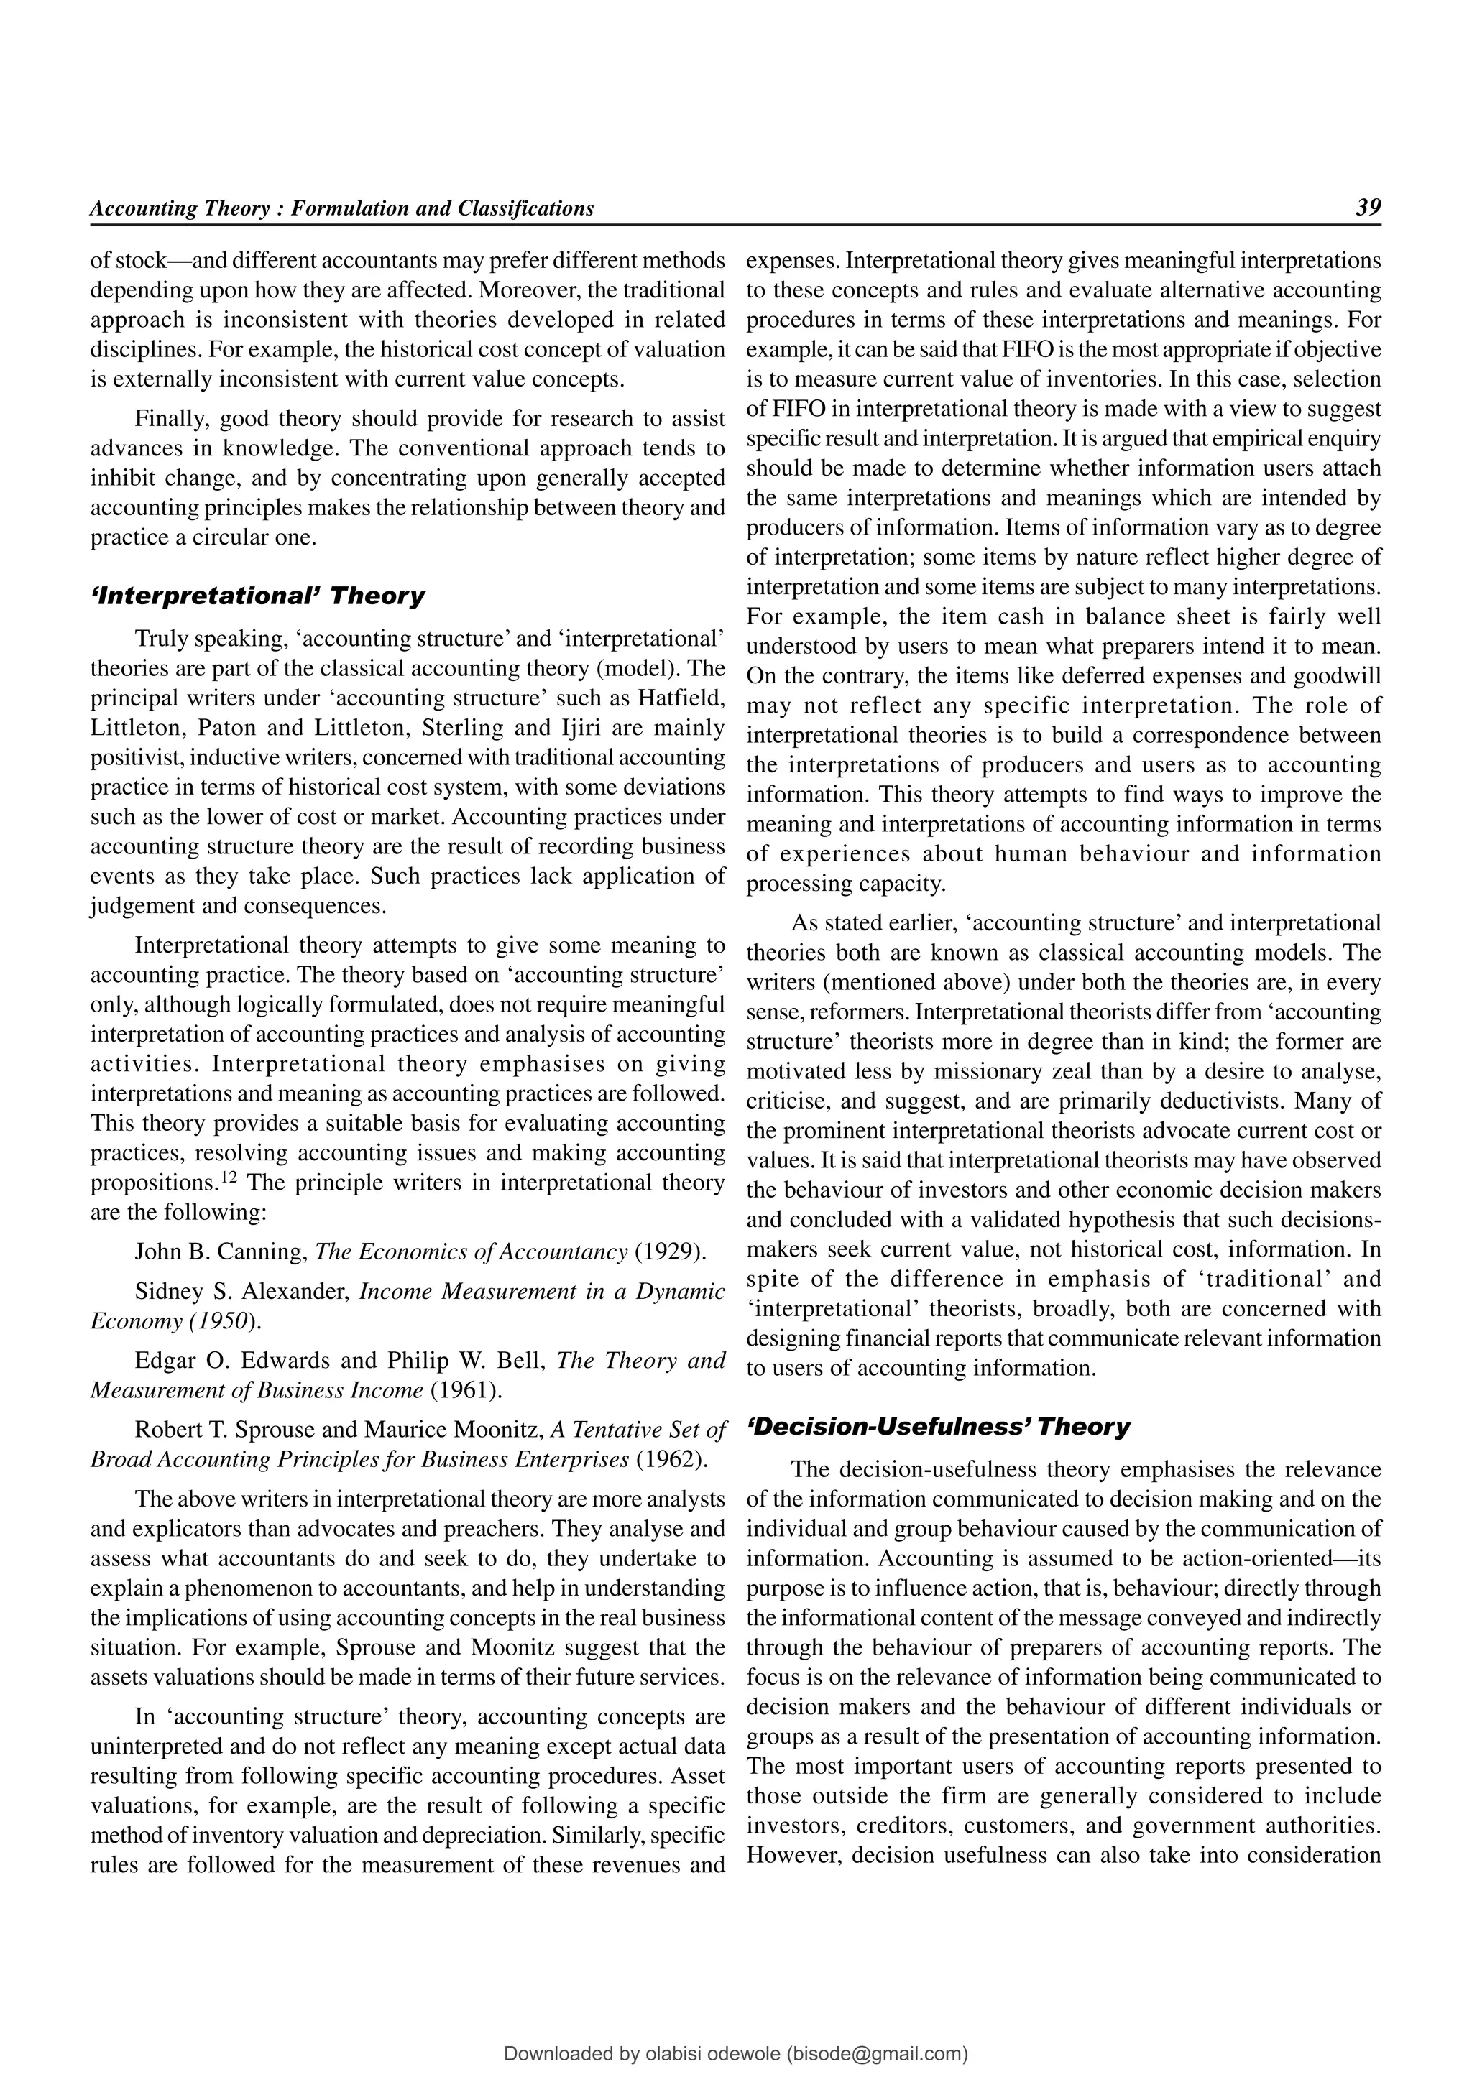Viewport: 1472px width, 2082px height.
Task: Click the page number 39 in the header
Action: click(1368, 208)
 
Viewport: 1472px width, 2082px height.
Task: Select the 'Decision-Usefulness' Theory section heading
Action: click(938, 1426)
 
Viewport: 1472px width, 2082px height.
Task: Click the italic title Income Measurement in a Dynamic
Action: click(541, 1291)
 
